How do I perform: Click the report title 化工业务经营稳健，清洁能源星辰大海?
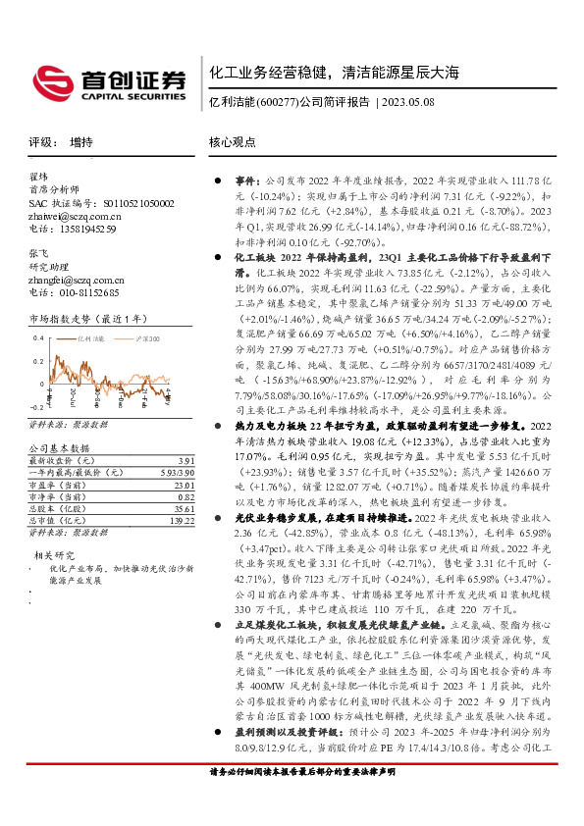[334, 74]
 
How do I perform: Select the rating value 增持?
[81, 142]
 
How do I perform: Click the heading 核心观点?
[233, 142]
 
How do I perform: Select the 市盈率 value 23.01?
[183, 485]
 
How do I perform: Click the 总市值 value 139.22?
[181, 521]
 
